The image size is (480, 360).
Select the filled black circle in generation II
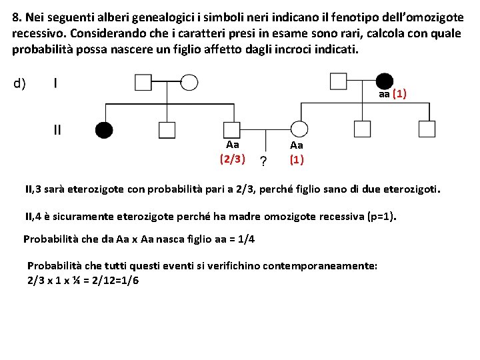click(x=104, y=129)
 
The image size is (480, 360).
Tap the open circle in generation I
click(x=189, y=82)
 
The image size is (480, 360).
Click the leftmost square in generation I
click(x=143, y=82)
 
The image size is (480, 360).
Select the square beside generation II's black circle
click(x=167, y=129)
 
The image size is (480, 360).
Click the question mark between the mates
click(x=264, y=161)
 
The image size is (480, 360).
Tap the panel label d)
click(x=19, y=83)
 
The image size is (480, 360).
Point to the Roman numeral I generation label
click(x=55, y=83)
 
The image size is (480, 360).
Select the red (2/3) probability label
click(x=232, y=159)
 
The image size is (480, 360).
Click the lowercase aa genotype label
click(x=384, y=95)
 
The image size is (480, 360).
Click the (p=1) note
click(x=379, y=216)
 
